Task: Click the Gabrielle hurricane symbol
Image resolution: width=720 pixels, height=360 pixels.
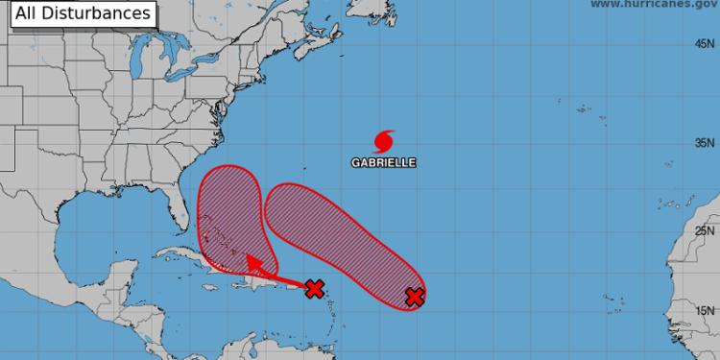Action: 384,141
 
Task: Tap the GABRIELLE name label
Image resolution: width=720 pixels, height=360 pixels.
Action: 383,163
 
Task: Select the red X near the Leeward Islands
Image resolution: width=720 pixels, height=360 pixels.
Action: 313,288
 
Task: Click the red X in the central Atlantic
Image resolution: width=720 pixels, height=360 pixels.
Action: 414,297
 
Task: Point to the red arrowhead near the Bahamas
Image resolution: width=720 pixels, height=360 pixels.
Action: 247,257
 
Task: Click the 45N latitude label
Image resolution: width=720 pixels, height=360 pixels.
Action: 707,44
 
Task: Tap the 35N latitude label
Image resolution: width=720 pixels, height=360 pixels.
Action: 707,143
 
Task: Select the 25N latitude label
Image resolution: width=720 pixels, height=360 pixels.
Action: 707,230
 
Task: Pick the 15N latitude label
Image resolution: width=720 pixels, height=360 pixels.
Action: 707,310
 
